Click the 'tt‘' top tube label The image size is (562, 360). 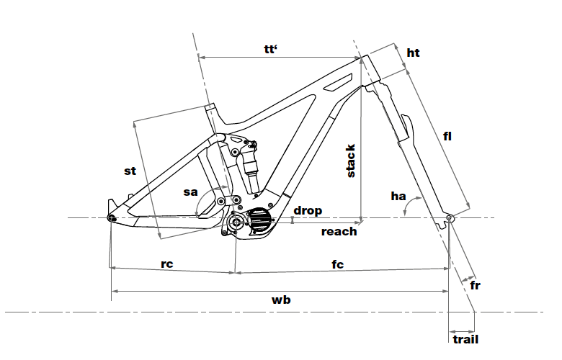tap(271, 49)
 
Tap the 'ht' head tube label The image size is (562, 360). tap(413, 53)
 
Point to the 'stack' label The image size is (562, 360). tap(352, 161)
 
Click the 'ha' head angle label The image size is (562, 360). tap(398, 195)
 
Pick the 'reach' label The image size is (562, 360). tap(339, 231)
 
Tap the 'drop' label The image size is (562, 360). tap(308, 211)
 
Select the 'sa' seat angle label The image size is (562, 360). tap(190, 192)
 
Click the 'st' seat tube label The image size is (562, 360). tap(130, 171)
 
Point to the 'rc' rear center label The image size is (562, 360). tap(166, 264)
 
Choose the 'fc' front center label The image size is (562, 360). tap(337, 264)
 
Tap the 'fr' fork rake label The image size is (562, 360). tap(476, 286)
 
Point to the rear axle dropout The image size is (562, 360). tap(111, 217)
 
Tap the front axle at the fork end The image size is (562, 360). tap(449, 218)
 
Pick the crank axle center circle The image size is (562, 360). tap(236, 223)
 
